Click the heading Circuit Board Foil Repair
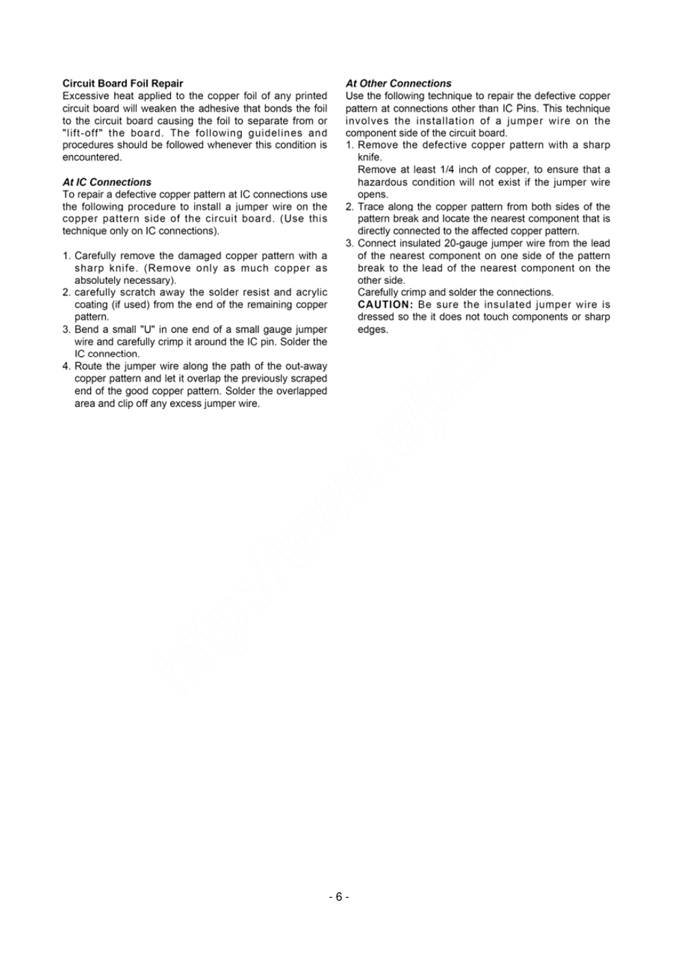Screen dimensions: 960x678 (x=122, y=83)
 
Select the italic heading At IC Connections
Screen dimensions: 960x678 (x=107, y=182)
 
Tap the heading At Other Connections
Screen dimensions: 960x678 (x=398, y=83)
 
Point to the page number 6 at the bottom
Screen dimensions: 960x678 (x=338, y=897)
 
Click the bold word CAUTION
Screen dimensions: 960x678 (x=385, y=304)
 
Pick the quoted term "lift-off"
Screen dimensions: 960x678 (x=83, y=133)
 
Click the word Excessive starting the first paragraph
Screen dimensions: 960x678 (x=85, y=96)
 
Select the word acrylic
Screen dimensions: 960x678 (x=312, y=293)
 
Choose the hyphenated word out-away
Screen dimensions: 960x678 (x=306, y=366)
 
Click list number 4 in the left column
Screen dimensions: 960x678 (x=66, y=366)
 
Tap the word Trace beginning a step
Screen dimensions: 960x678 (x=370, y=206)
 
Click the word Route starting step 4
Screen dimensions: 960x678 (x=88, y=366)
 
